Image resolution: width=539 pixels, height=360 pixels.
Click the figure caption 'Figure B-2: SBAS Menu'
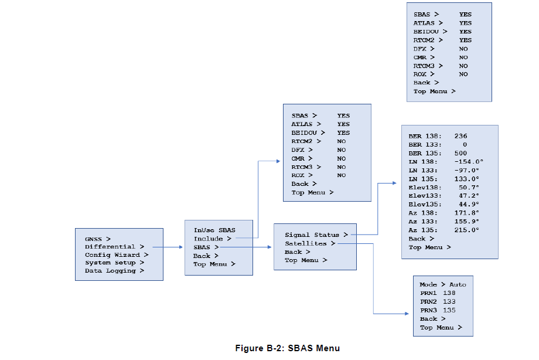pyautogui.click(x=287, y=348)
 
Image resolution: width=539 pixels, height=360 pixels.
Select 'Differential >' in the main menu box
pyautogui.click(x=114, y=247)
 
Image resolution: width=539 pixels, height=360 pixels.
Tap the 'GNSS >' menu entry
pyautogui.click(x=97, y=239)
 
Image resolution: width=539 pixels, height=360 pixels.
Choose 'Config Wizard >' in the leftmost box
pyautogui.click(x=116, y=255)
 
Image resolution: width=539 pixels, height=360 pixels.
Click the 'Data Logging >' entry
pyautogui.click(x=114, y=271)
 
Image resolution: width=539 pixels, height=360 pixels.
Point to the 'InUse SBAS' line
pyautogui.click(x=214, y=230)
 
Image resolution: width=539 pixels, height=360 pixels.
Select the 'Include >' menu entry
pyautogui.click(x=212, y=239)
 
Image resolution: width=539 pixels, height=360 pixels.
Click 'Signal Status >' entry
pyautogui.click(x=316, y=235)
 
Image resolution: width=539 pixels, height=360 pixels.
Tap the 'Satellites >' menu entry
pyautogui.click(x=310, y=243)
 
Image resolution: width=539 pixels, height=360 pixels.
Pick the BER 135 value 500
pyautogui.click(x=460, y=153)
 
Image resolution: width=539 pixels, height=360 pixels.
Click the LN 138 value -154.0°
pyautogui.click(x=468, y=161)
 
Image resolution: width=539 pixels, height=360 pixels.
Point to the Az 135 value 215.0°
pyautogui.click(x=466, y=230)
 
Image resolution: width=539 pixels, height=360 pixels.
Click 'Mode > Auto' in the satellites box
pyautogui.click(x=442, y=284)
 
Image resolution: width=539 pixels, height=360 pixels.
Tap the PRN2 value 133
pyautogui.click(x=449, y=301)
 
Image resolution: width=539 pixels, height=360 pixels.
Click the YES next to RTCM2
pyautogui.click(x=465, y=40)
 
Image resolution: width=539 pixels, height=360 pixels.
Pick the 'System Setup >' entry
pyautogui.click(x=114, y=263)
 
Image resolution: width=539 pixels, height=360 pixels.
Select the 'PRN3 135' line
pyautogui.click(x=438, y=310)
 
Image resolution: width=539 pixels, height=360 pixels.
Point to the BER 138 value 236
pyautogui.click(x=460, y=136)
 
